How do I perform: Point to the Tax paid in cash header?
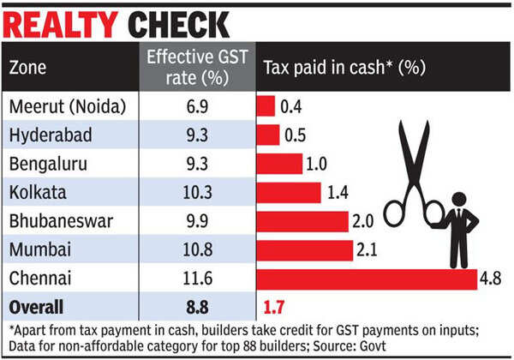point(343,67)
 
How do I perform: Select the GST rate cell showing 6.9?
point(198,106)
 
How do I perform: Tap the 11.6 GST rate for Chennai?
point(198,279)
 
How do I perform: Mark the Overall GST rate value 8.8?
point(198,307)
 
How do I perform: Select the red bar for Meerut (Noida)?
point(266,106)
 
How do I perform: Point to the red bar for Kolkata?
point(289,193)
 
